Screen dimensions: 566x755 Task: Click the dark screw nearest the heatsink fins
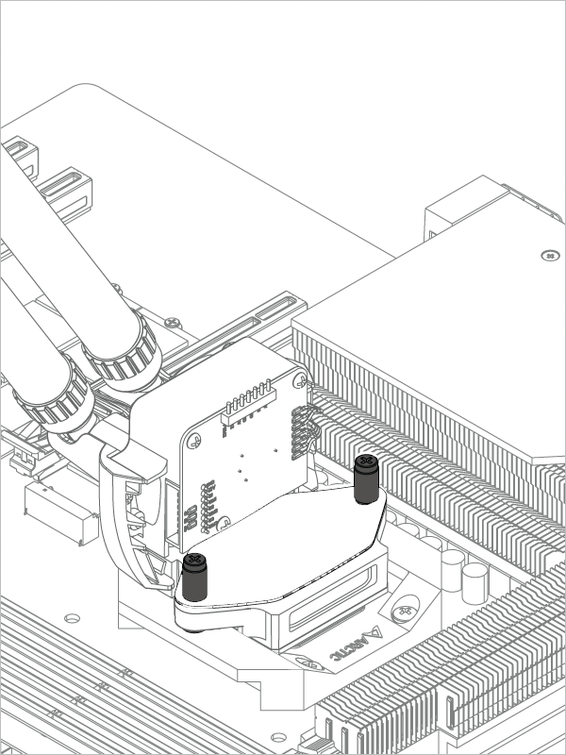366,479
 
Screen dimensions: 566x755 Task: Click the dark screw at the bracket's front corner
195,577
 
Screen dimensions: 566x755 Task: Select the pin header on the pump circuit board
247,403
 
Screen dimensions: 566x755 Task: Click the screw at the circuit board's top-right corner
300,381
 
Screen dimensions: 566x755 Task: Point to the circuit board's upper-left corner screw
194,440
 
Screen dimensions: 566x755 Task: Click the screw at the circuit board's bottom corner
223,523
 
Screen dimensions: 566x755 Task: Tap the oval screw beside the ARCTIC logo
406,610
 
